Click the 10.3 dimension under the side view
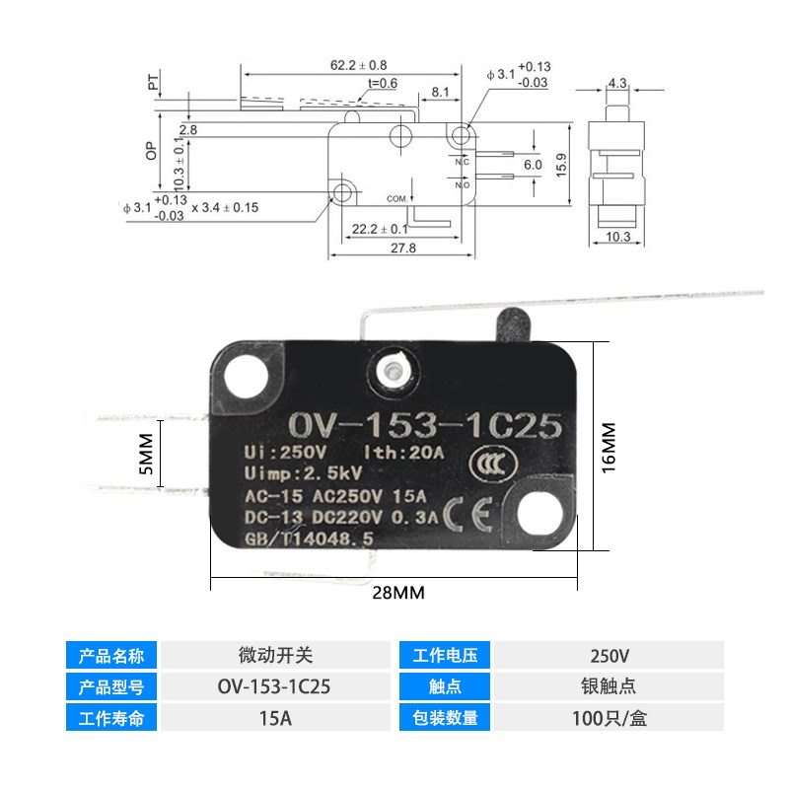(x=618, y=236)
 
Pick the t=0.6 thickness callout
(x=380, y=84)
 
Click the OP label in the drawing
(x=151, y=150)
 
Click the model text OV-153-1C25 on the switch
(x=424, y=426)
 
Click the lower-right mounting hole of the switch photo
(x=539, y=513)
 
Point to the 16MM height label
(x=608, y=446)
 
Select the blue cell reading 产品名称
(x=110, y=655)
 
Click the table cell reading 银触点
(x=609, y=686)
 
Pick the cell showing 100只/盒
(x=609, y=718)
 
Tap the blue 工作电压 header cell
(x=445, y=655)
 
